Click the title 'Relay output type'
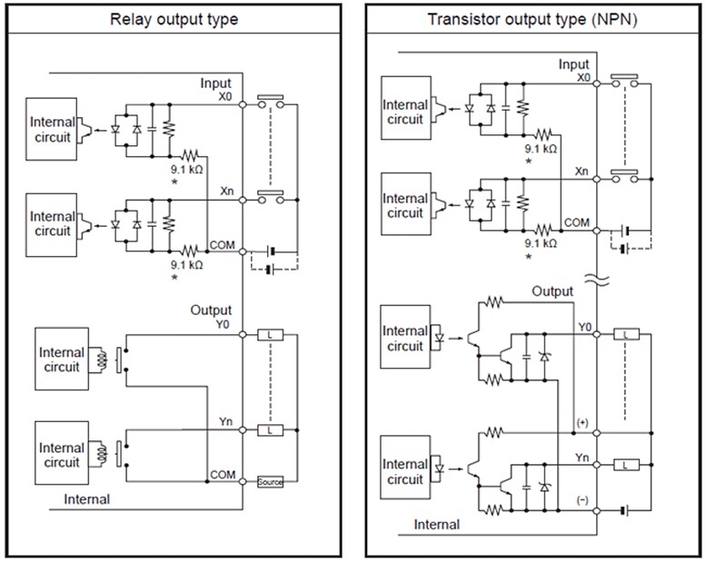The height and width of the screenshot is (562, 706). tap(174, 19)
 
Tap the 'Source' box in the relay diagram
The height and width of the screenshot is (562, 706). tap(270, 482)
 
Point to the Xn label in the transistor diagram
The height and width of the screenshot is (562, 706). tap(581, 171)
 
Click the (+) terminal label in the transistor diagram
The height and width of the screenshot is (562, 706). tap(582, 423)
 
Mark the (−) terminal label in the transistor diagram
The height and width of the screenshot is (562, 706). tap(582, 500)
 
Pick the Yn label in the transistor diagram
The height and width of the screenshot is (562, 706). tap(582, 458)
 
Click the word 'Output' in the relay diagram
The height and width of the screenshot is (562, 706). tap(211, 310)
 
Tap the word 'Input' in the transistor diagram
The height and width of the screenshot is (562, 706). tap(573, 64)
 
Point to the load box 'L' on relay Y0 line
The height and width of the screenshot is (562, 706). tap(270, 335)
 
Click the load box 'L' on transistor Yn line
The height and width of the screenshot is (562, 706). tap(626, 465)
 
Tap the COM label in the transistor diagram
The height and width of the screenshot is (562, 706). tap(576, 222)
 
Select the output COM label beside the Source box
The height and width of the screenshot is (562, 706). tap(222, 475)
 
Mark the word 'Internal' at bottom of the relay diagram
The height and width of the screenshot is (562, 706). tap(87, 498)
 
